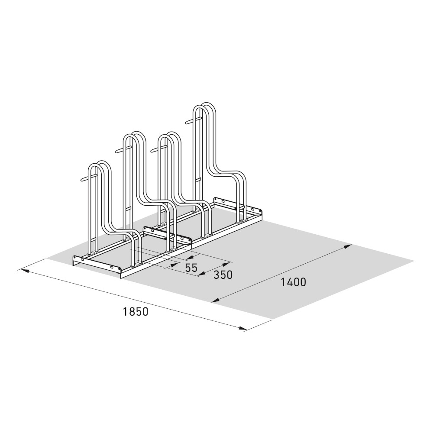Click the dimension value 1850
click(136, 311)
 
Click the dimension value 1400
click(293, 282)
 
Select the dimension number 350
click(223, 275)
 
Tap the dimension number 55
click(191, 268)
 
